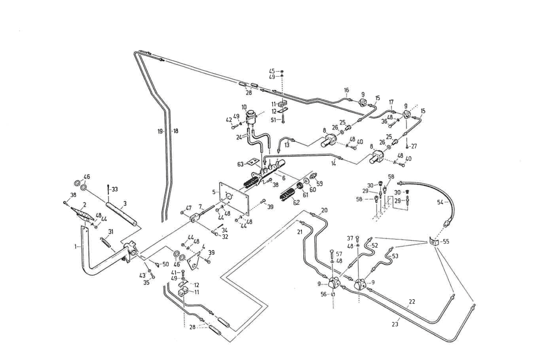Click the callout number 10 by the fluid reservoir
(x=244, y=107)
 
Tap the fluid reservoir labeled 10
(x=251, y=116)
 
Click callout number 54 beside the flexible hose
(x=440, y=202)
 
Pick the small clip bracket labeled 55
(x=433, y=242)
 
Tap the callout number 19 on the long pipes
(x=160, y=131)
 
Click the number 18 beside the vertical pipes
(x=175, y=131)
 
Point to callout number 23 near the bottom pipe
(x=395, y=324)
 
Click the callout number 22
(x=412, y=302)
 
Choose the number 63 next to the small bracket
(x=240, y=164)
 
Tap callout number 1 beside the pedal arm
(x=76, y=247)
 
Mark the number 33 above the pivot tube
(x=115, y=189)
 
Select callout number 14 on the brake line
(x=333, y=163)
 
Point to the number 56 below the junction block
(x=323, y=294)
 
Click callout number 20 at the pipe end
(x=324, y=210)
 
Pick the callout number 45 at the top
(x=272, y=71)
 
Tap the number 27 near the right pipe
(x=414, y=146)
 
